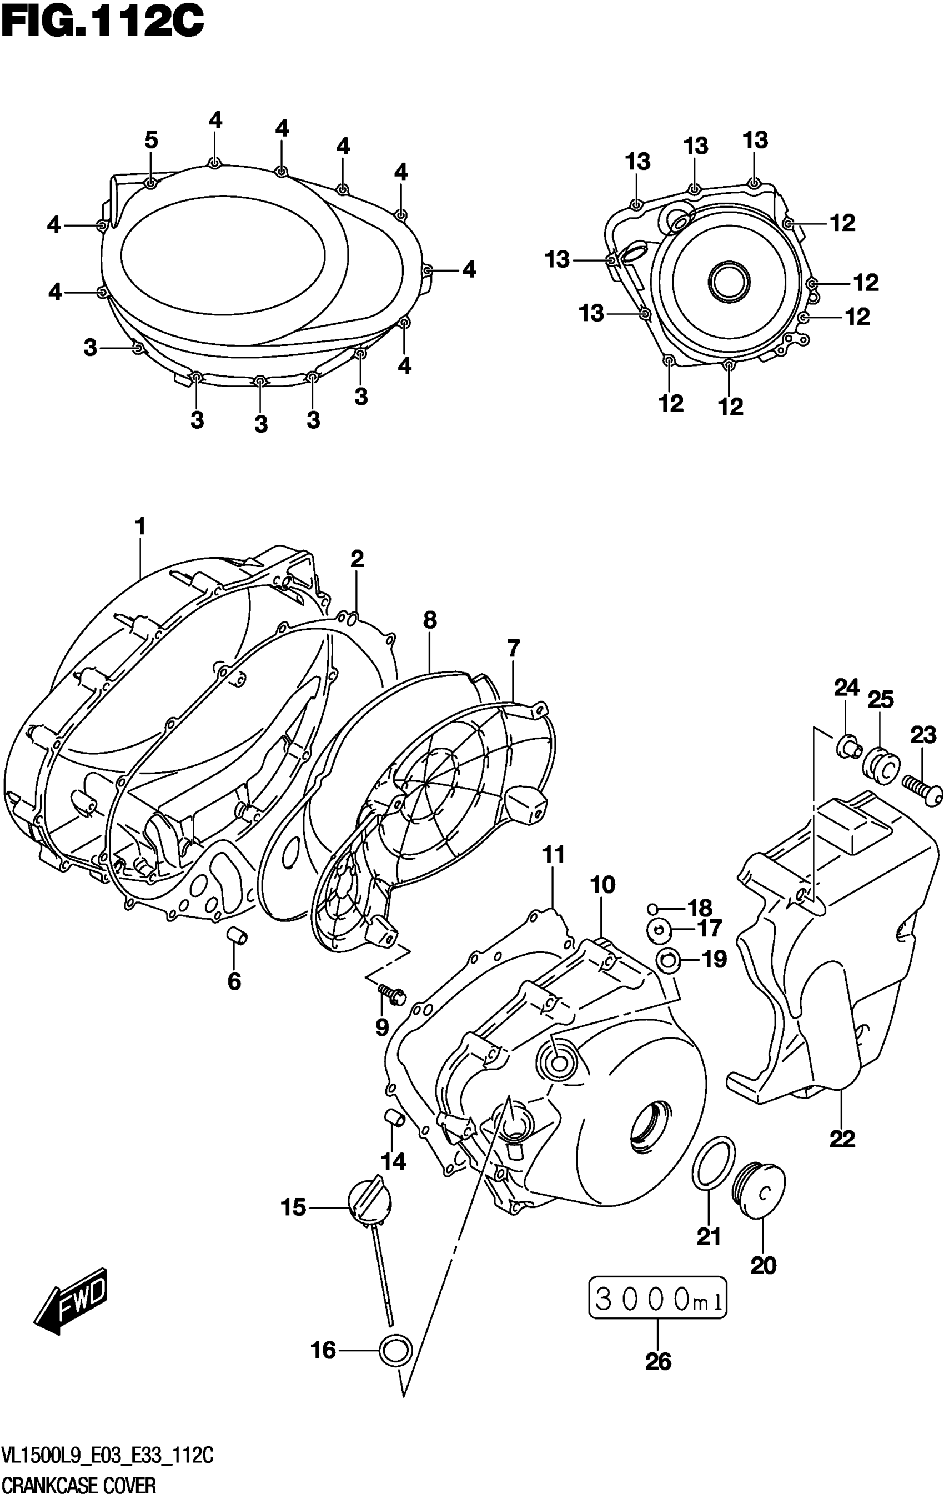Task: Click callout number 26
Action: pos(658,1361)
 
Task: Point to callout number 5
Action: pos(151,141)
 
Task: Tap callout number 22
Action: pos(842,1139)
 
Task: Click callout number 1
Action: pos(140,527)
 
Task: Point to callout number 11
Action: pos(553,854)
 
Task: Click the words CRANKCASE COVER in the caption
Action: pos(79,1485)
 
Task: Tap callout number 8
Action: pos(430,620)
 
